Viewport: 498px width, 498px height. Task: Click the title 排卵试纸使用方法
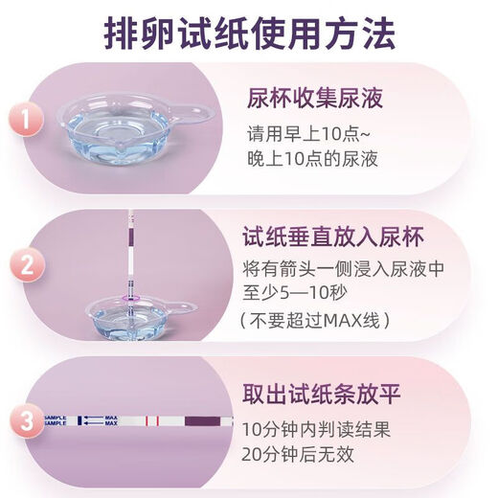249,36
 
